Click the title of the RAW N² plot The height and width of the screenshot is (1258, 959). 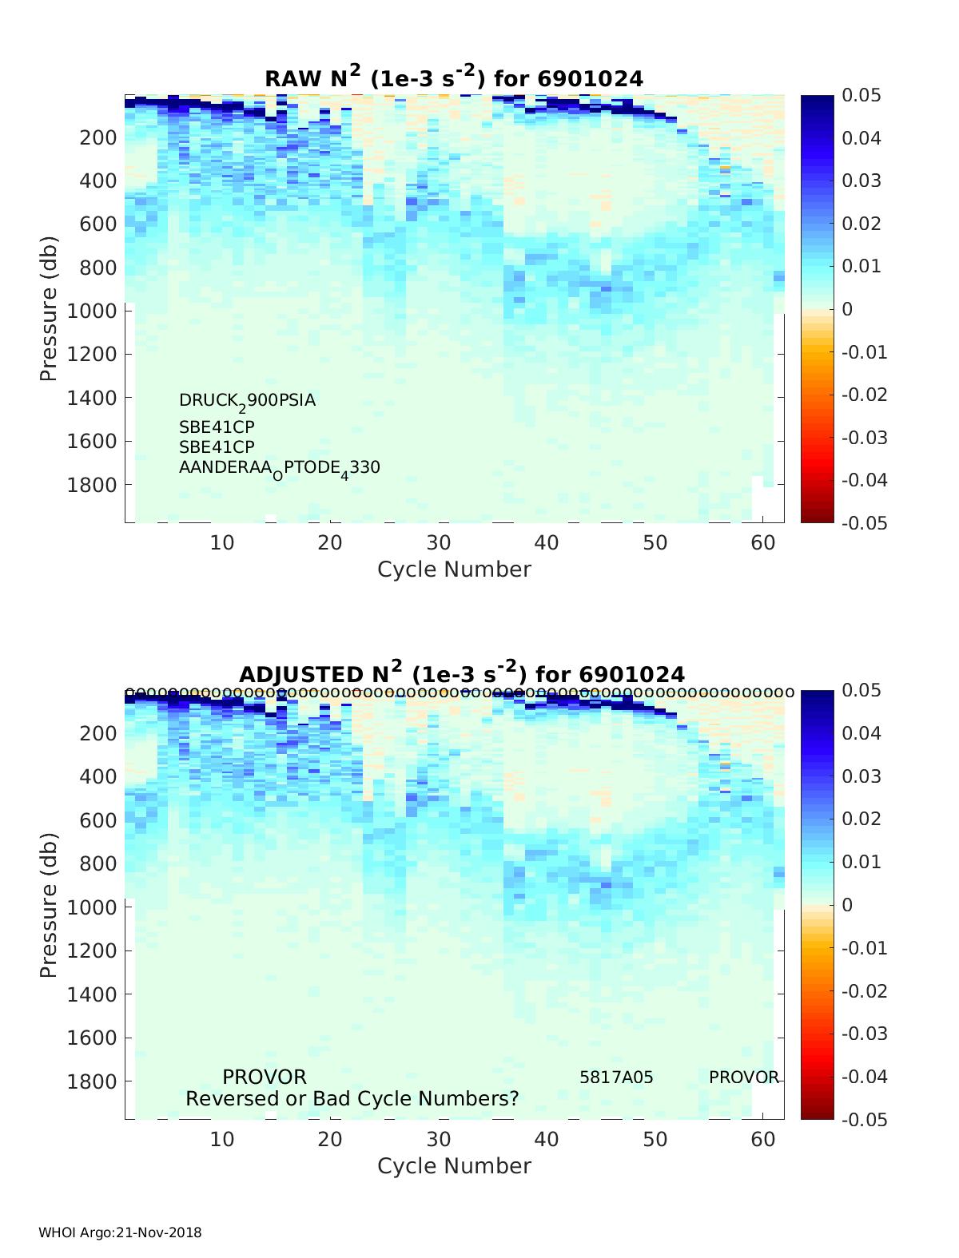[454, 77]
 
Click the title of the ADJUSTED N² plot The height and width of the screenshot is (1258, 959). [462, 673]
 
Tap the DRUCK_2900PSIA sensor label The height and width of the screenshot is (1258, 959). [247, 401]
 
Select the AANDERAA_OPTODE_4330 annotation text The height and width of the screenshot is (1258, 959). [279, 468]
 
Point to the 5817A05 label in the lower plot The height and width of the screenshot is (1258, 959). [616, 1077]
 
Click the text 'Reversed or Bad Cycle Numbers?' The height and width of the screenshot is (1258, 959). [352, 1099]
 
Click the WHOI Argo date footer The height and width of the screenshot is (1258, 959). [120, 1232]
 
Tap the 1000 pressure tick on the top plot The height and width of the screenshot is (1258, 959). [92, 310]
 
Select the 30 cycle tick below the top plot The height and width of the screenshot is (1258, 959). [438, 543]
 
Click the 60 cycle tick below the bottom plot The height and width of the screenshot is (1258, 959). [763, 1139]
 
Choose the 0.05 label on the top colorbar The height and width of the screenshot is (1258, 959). [862, 96]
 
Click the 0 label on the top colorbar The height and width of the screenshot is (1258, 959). [848, 309]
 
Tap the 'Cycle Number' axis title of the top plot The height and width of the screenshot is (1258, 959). [454, 569]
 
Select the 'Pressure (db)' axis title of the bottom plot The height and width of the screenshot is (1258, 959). [49, 905]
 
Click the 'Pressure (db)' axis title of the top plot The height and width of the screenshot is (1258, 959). [49, 308]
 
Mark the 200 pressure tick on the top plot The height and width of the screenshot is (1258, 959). [98, 137]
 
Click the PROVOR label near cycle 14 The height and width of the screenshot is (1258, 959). [264, 1077]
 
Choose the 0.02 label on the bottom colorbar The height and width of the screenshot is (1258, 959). [862, 819]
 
